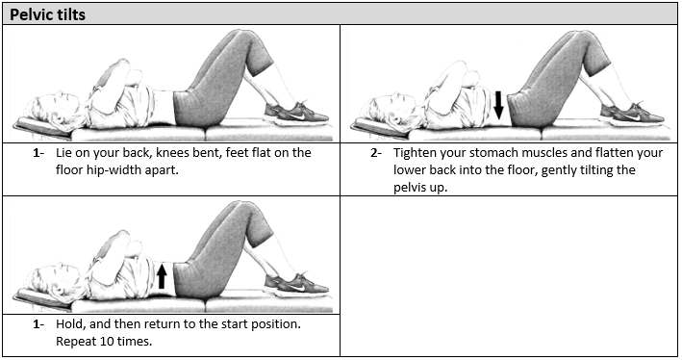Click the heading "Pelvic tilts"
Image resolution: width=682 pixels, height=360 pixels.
[x=47, y=14]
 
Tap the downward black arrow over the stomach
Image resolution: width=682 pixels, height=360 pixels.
[x=499, y=105]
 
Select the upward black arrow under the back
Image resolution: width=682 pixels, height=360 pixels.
[x=162, y=275]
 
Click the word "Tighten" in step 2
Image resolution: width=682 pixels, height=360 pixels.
[x=414, y=153]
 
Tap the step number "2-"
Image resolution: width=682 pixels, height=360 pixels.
[x=376, y=153]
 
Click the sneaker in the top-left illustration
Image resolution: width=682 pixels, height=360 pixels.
[x=295, y=113]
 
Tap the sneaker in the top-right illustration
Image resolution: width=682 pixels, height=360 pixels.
[x=632, y=113]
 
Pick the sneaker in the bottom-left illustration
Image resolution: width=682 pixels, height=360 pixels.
[x=295, y=284]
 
